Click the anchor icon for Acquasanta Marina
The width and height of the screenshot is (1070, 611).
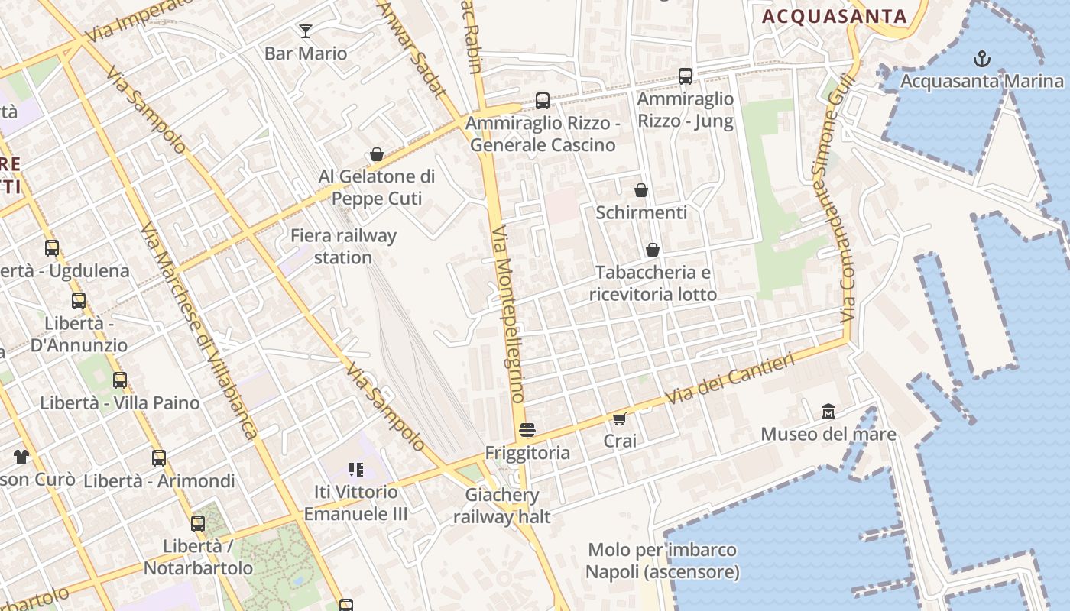(x=981, y=59)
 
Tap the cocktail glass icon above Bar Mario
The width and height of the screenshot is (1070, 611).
(x=306, y=31)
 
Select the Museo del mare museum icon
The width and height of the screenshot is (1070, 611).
(x=828, y=412)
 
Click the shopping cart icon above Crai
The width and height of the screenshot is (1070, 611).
(x=619, y=419)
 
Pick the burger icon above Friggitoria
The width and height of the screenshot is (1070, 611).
(x=527, y=430)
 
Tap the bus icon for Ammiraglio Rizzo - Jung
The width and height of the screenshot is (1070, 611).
(x=686, y=76)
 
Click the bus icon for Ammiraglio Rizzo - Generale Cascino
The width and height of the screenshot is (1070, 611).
(x=543, y=100)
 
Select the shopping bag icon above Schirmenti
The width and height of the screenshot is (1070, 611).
(x=641, y=190)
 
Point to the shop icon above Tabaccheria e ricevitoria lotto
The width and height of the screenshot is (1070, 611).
(x=653, y=250)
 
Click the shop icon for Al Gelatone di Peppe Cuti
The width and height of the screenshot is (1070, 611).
(x=376, y=154)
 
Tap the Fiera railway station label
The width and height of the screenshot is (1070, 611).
(x=343, y=247)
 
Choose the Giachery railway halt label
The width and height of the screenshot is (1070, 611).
(x=501, y=506)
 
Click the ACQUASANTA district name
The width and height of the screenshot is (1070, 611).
(x=835, y=16)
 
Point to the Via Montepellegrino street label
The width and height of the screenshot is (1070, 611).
(x=508, y=314)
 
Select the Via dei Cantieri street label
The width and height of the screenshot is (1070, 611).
(x=730, y=378)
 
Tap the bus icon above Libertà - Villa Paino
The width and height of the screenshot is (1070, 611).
(x=120, y=380)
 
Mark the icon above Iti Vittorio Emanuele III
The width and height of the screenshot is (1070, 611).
(x=355, y=469)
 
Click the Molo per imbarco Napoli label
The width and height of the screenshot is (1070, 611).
(x=662, y=561)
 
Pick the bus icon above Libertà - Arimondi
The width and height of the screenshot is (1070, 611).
(x=159, y=458)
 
